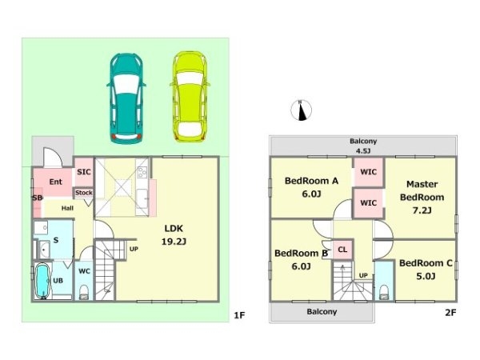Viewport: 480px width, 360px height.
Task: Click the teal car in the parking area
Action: click(x=126, y=98)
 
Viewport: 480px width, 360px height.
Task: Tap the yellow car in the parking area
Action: click(x=190, y=97)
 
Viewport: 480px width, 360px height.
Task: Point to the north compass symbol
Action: click(x=302, y=110)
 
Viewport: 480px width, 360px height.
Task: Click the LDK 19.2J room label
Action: click(x=174, y=234)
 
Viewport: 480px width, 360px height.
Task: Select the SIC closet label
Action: click(x=84, y=172)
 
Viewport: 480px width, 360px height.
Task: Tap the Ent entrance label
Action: click(x=56, y=182)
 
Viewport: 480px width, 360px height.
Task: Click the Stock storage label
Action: click(x=84, y=193)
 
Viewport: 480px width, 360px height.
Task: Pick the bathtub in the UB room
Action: click(x=42, y=281)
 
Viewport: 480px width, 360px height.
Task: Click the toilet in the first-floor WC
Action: click(x=84, y=292)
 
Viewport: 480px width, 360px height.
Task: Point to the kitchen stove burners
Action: click(x=142, y=172)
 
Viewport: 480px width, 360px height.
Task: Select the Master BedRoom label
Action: click(x=422, y=197)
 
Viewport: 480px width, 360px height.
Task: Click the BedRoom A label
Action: click(x=311, y=187)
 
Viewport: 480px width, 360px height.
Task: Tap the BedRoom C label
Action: click(x=426, y=270)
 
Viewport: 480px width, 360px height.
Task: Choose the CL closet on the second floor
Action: click(x=342, y=250)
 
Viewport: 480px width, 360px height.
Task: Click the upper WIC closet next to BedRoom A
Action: click(x=368, y=172)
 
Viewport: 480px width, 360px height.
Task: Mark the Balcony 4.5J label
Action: click(x=363, y=146)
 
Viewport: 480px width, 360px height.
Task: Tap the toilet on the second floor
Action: click(x=384, y=292)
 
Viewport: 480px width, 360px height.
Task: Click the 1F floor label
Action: click(x=239, y=315)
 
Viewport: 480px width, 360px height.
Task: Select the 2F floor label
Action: click(x=450, y=313)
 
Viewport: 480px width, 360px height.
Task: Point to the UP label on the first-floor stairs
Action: click(x=134, y=249)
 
